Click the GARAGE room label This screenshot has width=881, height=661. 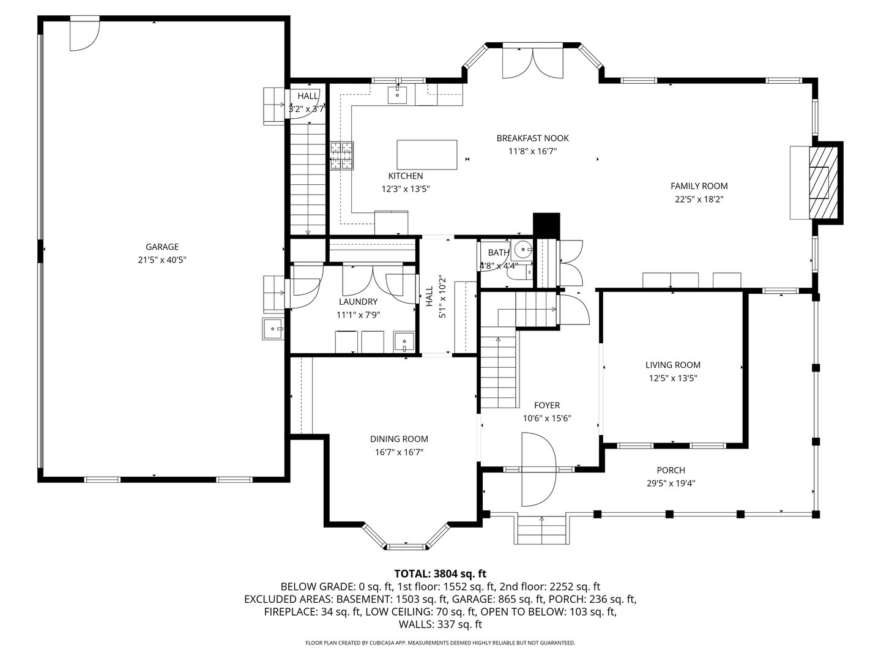click(x=162, y=247)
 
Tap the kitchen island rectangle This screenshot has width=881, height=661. click(x=427, y=155)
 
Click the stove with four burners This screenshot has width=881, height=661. click(x=342, y=155)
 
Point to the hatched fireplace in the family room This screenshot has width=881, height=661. click(x=820, y=181)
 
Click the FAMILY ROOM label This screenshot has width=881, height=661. click(x=699, y=186)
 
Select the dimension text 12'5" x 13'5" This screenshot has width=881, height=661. click(x=673, y=378)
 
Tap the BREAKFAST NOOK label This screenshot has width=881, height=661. click(x=532, y=138)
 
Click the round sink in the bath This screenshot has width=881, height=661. click(x=522, y=250)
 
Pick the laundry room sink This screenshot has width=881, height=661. click(x=404, y=341)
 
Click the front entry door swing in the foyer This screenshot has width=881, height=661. click(x=538, y=469)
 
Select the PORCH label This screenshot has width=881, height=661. click(x=671, y=470)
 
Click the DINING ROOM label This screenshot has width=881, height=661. click(x=399, y=439)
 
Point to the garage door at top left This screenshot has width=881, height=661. click(x=84, y=35)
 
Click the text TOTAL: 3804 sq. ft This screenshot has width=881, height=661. click(x=440, y=573)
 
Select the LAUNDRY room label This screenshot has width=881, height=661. click(x=358, y=302)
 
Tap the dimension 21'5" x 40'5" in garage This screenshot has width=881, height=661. click(x=162, y=260)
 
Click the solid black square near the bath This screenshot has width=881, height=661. click(x=546, y=224)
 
